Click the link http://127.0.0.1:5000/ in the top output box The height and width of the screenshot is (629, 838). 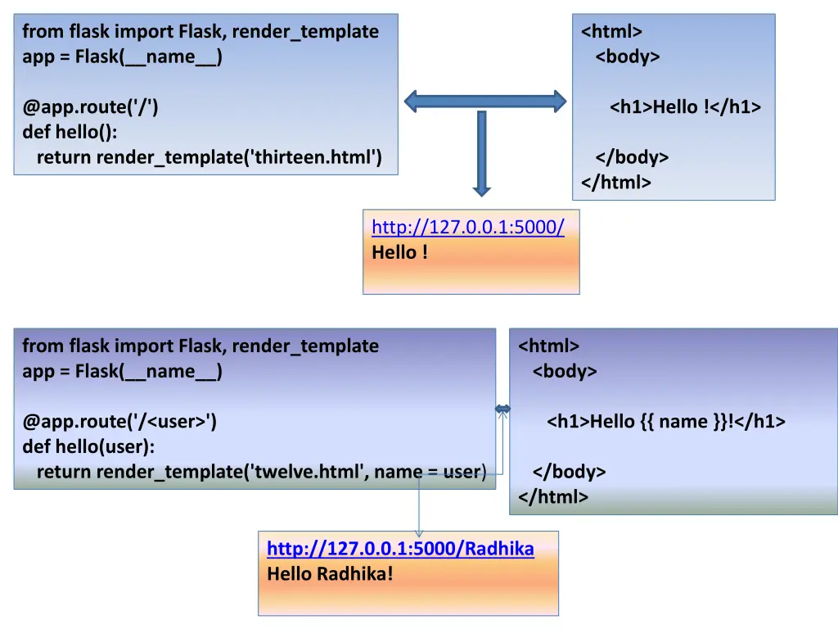(467, 227)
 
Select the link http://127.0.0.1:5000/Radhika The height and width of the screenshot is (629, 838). (400, 549)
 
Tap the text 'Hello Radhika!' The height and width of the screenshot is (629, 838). (330, 573)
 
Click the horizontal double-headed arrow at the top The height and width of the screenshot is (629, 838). (485, 102)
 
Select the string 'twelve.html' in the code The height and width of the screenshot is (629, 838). (309, 471)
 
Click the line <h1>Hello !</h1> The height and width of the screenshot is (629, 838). (685, 106)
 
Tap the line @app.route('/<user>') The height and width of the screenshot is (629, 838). (119, 421)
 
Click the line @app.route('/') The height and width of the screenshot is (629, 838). (91, 106)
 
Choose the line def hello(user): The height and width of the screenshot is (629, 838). (88, 446)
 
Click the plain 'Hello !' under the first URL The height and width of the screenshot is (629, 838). (399, 252)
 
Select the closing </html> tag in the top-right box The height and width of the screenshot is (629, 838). (616, 182)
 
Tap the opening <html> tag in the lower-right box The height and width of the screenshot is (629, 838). (548, 346)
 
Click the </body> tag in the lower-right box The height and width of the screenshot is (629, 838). (569, 471)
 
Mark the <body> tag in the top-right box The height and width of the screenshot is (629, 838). (628, 57)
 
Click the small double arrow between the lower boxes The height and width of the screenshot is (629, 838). (502, 409)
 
